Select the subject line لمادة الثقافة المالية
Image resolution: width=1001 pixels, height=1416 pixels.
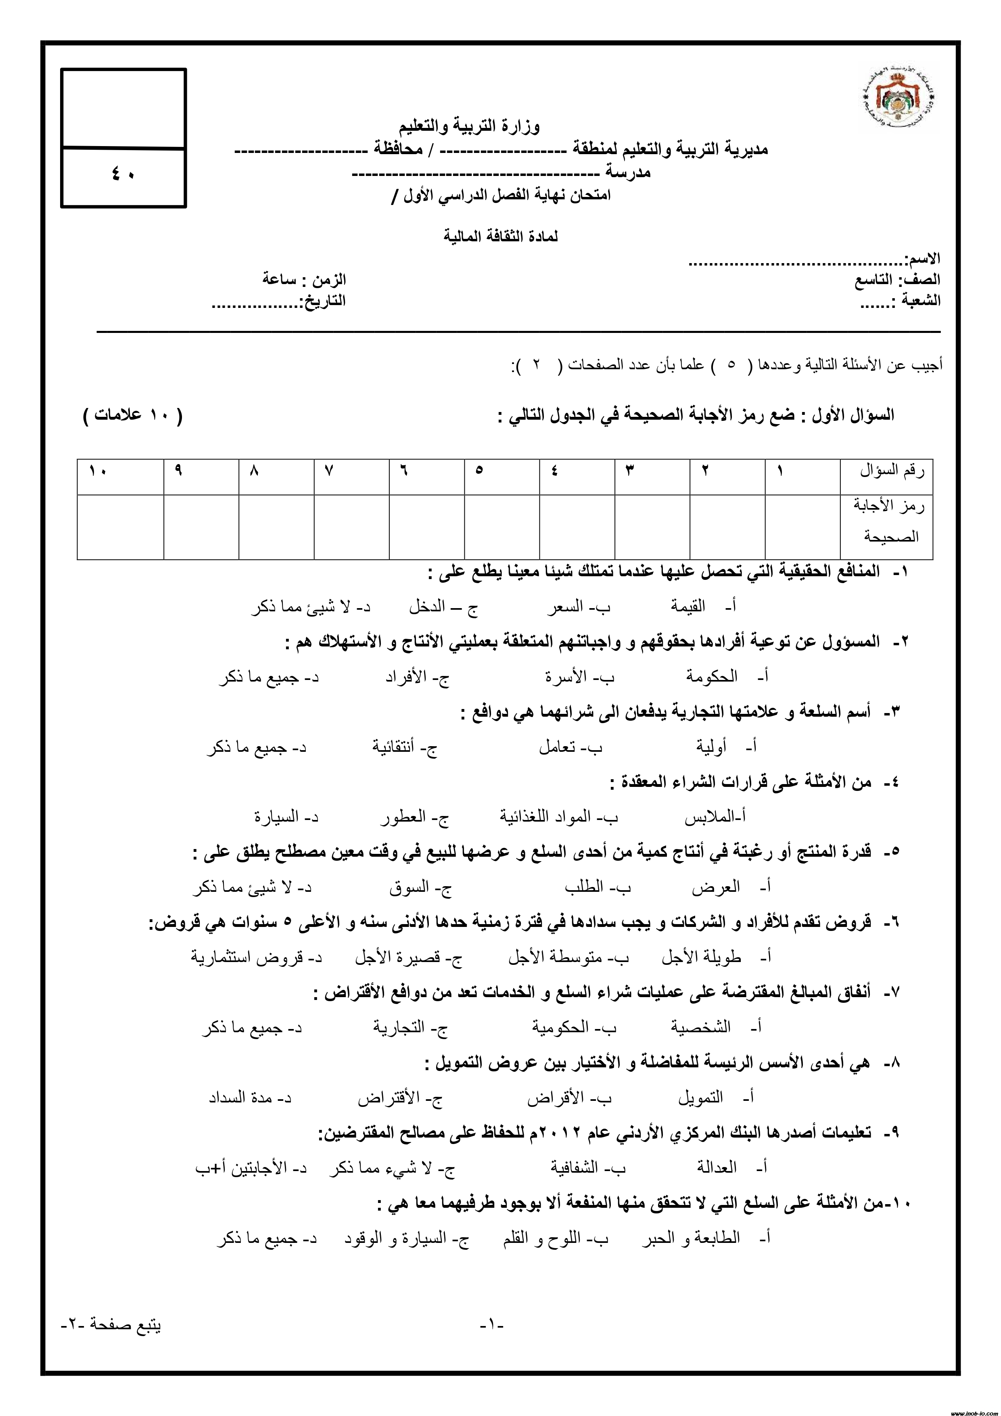[x=500, y=236]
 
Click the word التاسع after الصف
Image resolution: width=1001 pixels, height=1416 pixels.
[x=874, y=280]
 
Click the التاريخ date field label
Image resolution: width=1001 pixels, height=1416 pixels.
[x=322, y=301]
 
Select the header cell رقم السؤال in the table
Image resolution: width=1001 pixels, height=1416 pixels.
[x=892, y=473]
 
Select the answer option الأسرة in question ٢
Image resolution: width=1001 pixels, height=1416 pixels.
[x=566, y=677]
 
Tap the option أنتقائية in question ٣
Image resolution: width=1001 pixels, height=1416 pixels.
[x=396, y=747]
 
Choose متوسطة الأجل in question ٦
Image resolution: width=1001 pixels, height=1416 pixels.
[x=554, y=958]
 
